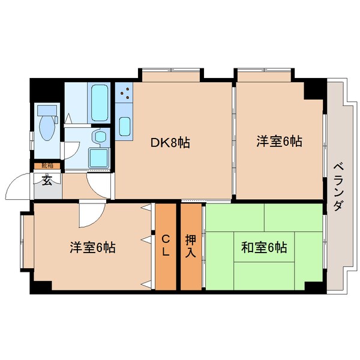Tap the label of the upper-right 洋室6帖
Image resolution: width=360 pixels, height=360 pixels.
[x=279, y=142]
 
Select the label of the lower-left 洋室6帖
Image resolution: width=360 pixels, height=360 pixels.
[x=93, y=247]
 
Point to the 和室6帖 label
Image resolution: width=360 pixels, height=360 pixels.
[x=264, y=247]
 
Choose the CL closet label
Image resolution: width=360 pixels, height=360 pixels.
[x=166, y=246]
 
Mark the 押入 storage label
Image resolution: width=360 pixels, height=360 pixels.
[x=191, y=246]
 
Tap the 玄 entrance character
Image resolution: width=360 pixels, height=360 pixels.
[x=47, y=179]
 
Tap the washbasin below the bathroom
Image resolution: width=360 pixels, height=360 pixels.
[x=99, y=137]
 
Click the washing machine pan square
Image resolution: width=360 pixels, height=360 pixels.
[x=98, y=157]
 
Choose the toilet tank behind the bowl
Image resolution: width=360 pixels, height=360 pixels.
[x=46, y=110]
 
